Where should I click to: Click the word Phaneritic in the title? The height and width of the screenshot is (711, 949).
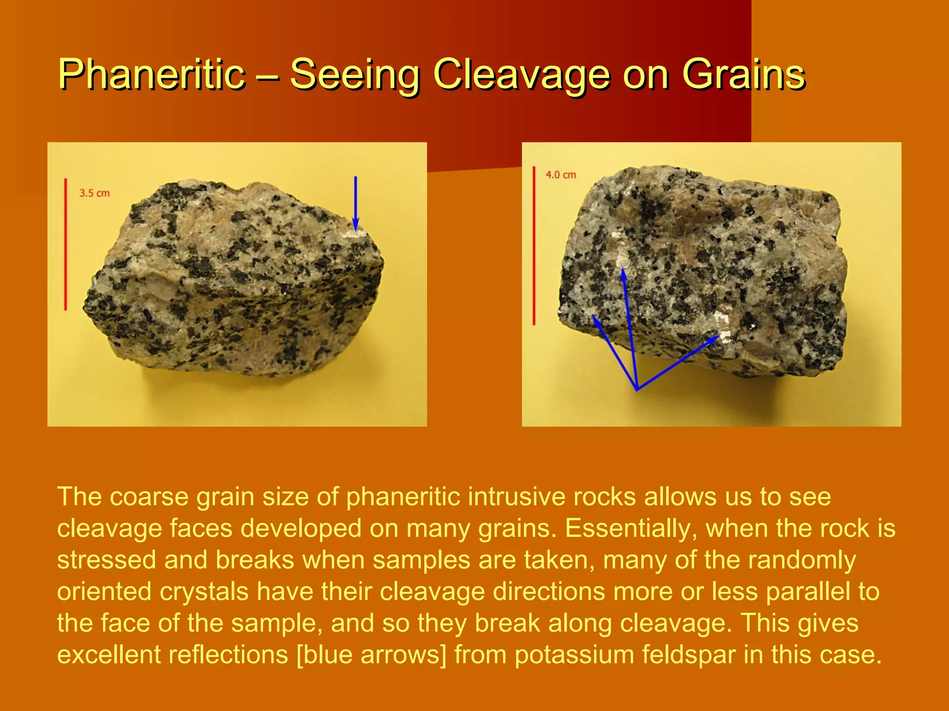point(152,74)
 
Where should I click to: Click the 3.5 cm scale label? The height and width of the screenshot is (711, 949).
point(95,193)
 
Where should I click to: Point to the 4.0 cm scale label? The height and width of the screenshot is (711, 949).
point(561,175)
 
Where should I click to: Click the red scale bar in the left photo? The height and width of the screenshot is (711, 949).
point(65,244)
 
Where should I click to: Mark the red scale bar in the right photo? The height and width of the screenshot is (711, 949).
point(534,245)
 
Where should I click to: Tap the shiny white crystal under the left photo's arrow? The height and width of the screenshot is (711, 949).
point(356,234)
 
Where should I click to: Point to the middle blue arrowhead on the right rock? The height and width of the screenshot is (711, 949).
point(624,274)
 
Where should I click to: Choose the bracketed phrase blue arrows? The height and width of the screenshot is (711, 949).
point(371,655)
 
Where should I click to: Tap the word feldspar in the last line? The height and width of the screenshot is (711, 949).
point(689,655)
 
